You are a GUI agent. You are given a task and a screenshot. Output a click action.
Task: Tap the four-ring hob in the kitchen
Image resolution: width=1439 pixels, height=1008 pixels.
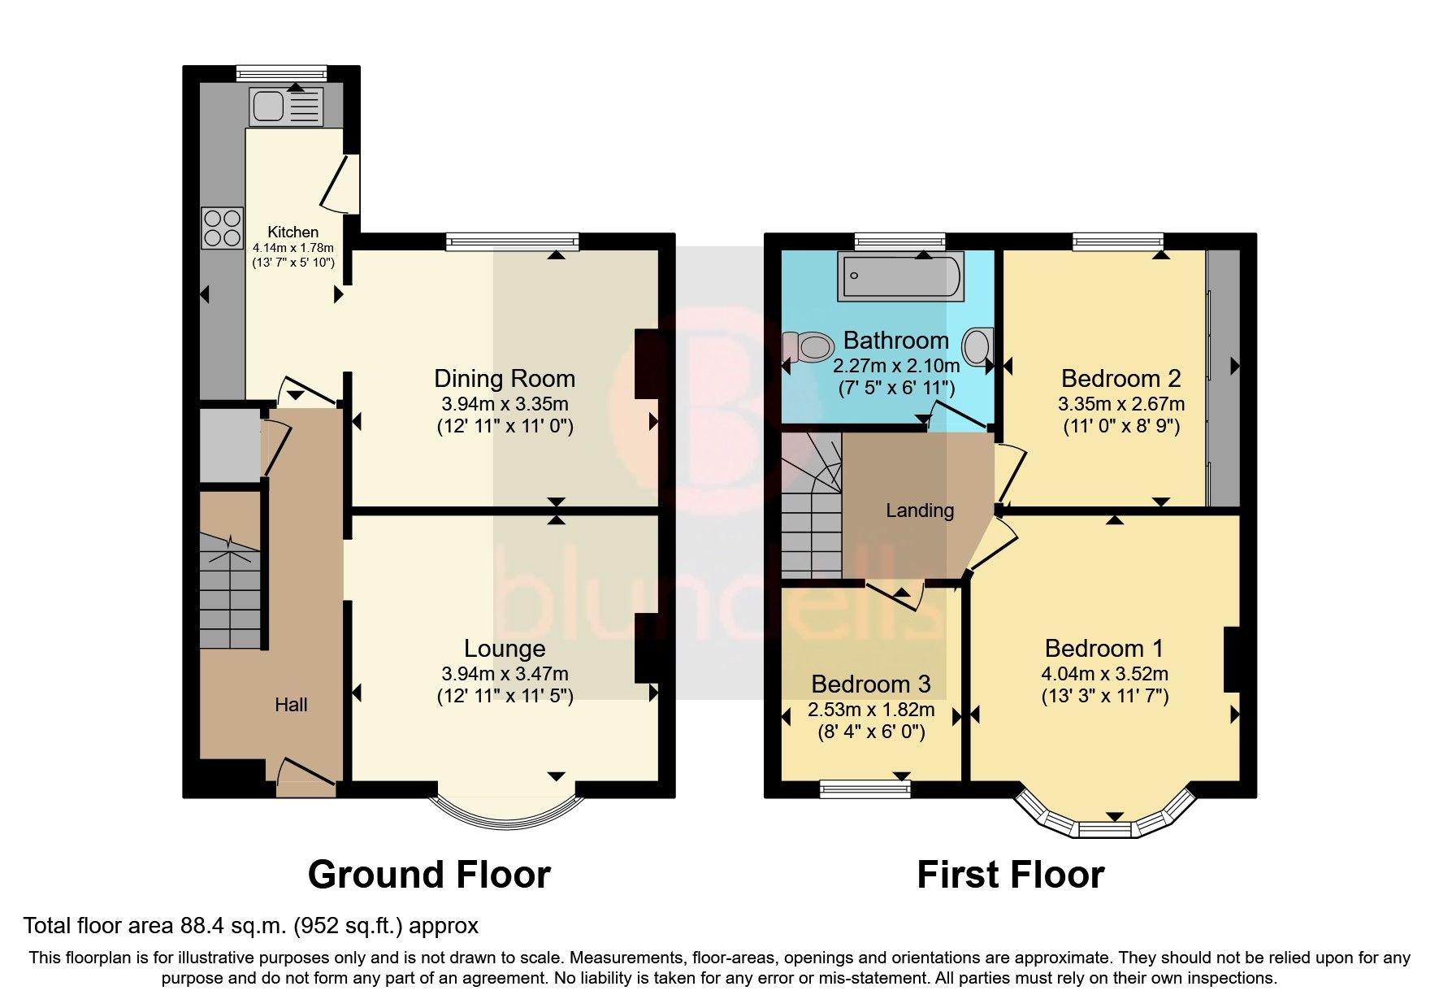[223, 228]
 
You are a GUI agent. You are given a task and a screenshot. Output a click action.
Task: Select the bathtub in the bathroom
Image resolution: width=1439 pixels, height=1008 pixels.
[901, 276]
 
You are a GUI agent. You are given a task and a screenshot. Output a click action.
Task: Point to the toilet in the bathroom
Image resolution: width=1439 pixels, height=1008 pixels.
[806, 348]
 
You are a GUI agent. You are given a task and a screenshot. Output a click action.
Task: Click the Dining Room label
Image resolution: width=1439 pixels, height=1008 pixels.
[504, 379]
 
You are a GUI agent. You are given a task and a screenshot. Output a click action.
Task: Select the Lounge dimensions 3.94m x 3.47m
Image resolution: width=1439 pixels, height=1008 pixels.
[504, 673]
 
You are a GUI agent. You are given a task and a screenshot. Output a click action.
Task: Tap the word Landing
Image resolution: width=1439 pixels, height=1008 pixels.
[919, 511]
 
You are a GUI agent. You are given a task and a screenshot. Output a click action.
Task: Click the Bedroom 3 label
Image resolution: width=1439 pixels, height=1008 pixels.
[870, 684]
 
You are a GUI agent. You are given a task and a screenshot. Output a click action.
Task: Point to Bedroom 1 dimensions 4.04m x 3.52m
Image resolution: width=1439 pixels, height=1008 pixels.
[1104, 673]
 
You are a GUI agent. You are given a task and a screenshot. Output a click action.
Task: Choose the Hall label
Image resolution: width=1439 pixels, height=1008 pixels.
[291, 705]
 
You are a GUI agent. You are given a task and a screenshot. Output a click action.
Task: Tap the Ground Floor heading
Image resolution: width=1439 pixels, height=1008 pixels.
[429, 875]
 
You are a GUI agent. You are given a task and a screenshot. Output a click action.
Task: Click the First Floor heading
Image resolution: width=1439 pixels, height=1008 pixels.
[1010, 875]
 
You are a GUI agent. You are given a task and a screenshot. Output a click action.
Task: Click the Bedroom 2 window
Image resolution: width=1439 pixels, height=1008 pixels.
[1117, 240]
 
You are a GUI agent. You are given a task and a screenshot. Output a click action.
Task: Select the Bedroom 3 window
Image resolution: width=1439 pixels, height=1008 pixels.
[865, 788]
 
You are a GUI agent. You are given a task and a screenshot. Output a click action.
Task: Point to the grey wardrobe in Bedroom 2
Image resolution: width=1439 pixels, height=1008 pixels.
[1224, 378]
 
